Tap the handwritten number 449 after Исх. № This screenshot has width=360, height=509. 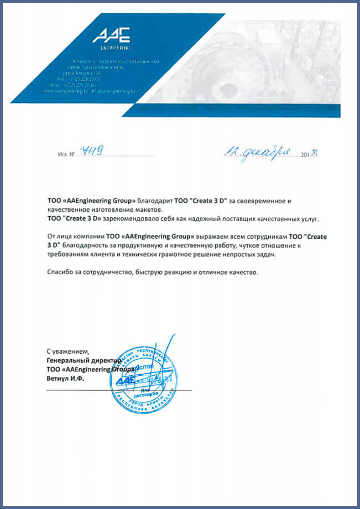[90, 151]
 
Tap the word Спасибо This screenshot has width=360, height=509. [61, 272]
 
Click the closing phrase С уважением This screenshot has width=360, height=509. [67, 351]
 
